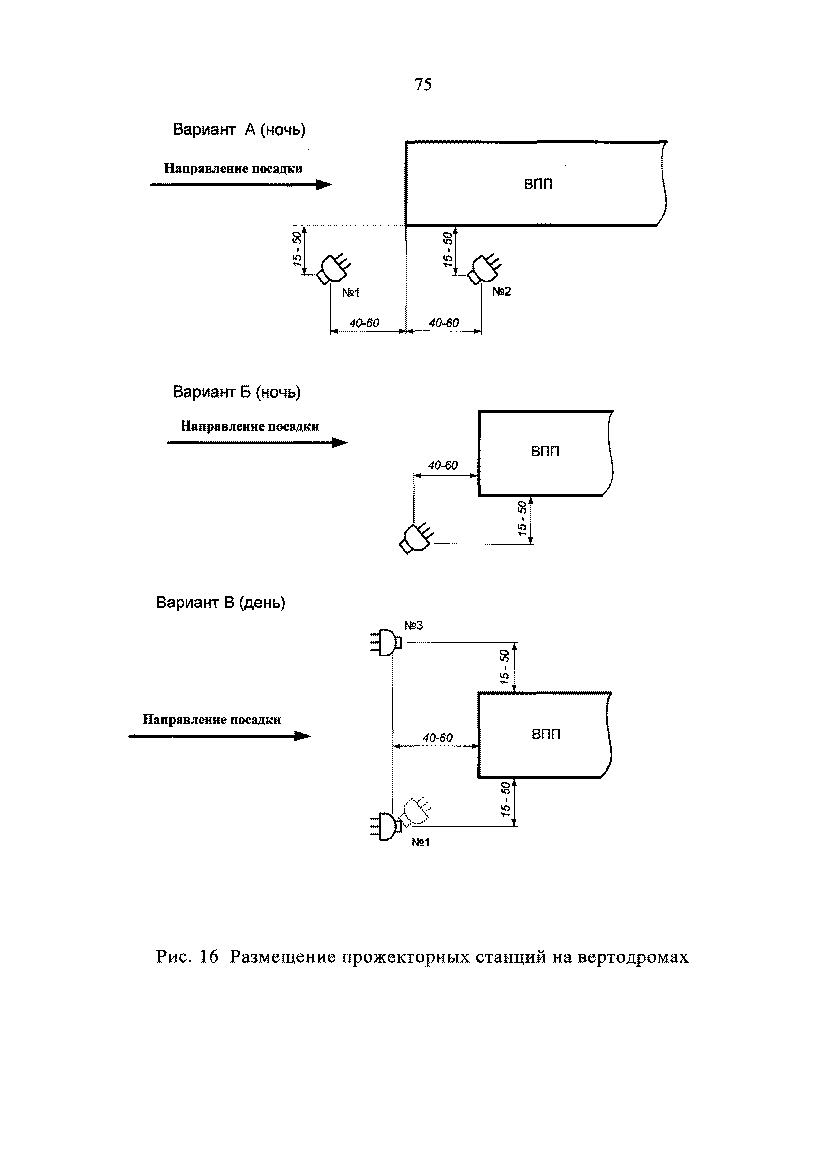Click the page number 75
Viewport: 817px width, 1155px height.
(x=423, y=84)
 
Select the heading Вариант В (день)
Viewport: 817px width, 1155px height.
(x=220, y=602)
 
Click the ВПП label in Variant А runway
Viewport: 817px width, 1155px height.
(x=538, y=184)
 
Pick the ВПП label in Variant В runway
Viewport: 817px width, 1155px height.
(x=546, y=734)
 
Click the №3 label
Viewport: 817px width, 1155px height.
(x=413, y=625)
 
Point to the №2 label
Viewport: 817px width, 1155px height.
(x=501, y=292)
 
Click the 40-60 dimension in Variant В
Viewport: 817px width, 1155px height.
(x=437, y=738)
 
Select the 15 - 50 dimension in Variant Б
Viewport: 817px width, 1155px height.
(x=522, y=519)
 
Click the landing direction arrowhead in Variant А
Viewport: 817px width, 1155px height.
(x=324, y=185)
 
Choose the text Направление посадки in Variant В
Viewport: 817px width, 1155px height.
(x=211, y=720)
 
